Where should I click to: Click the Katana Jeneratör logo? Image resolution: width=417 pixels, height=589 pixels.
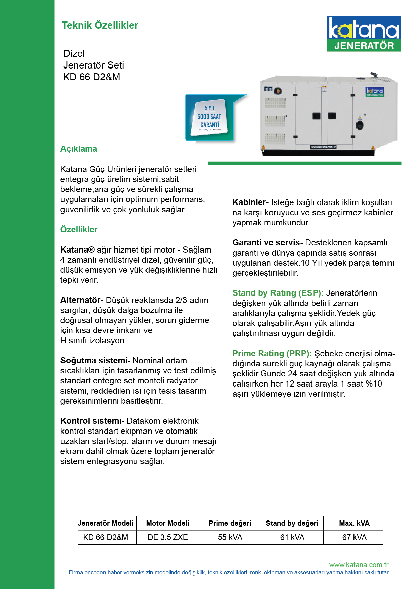click(x=364, y=34)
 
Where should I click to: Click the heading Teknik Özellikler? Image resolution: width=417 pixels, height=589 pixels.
click(x=100, y=25)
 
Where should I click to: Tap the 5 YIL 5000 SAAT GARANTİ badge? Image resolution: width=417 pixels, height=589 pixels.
click(x=209, y=118)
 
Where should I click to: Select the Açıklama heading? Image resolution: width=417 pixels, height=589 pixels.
click(x=79, y=149)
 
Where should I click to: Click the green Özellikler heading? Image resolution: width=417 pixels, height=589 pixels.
click(x=79, y=229)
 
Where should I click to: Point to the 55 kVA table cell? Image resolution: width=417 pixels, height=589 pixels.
click(x=230, y=537)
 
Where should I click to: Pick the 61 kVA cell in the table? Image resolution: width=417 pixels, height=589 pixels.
click(x=292, y=537)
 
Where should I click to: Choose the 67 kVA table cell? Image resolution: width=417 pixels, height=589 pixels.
click(x=354, y=537)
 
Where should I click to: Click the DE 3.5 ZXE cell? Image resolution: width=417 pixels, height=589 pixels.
click(x=168, y=537)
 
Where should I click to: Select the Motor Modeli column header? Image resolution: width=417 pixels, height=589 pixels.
click(x=168, y=523)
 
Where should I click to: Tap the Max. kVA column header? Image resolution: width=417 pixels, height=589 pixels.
click(x=354, y=523)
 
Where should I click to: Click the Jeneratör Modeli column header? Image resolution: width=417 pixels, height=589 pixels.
click(x=106, y=523)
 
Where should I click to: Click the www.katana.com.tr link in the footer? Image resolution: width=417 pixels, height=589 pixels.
click(x=359, y=565)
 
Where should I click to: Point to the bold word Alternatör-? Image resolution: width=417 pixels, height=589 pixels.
click(x=82, y=300)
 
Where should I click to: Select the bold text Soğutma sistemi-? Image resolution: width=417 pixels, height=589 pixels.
click(x=95, y=361)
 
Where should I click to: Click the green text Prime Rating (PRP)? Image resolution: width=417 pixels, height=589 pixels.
click(x=272, y=354)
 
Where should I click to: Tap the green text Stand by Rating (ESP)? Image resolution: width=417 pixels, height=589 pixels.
click(x=278, y=293)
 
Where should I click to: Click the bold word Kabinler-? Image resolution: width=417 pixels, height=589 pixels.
click(x=250, y=202)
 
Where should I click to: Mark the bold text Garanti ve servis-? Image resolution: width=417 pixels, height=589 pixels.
click(x=267, y=243)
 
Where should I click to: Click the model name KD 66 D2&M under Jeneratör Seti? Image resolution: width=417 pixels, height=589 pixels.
click(x=91, y=77)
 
